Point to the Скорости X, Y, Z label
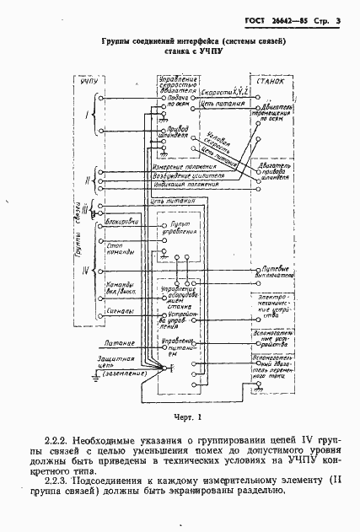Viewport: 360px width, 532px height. pos(223,88)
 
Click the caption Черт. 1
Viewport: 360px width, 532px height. pos(181,416)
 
